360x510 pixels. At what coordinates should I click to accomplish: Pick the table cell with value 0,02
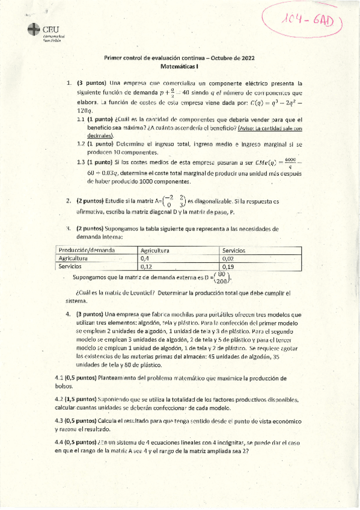point(227,257)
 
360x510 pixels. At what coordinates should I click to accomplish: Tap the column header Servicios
point(234,250)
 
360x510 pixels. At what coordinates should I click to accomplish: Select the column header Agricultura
point(154,250)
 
